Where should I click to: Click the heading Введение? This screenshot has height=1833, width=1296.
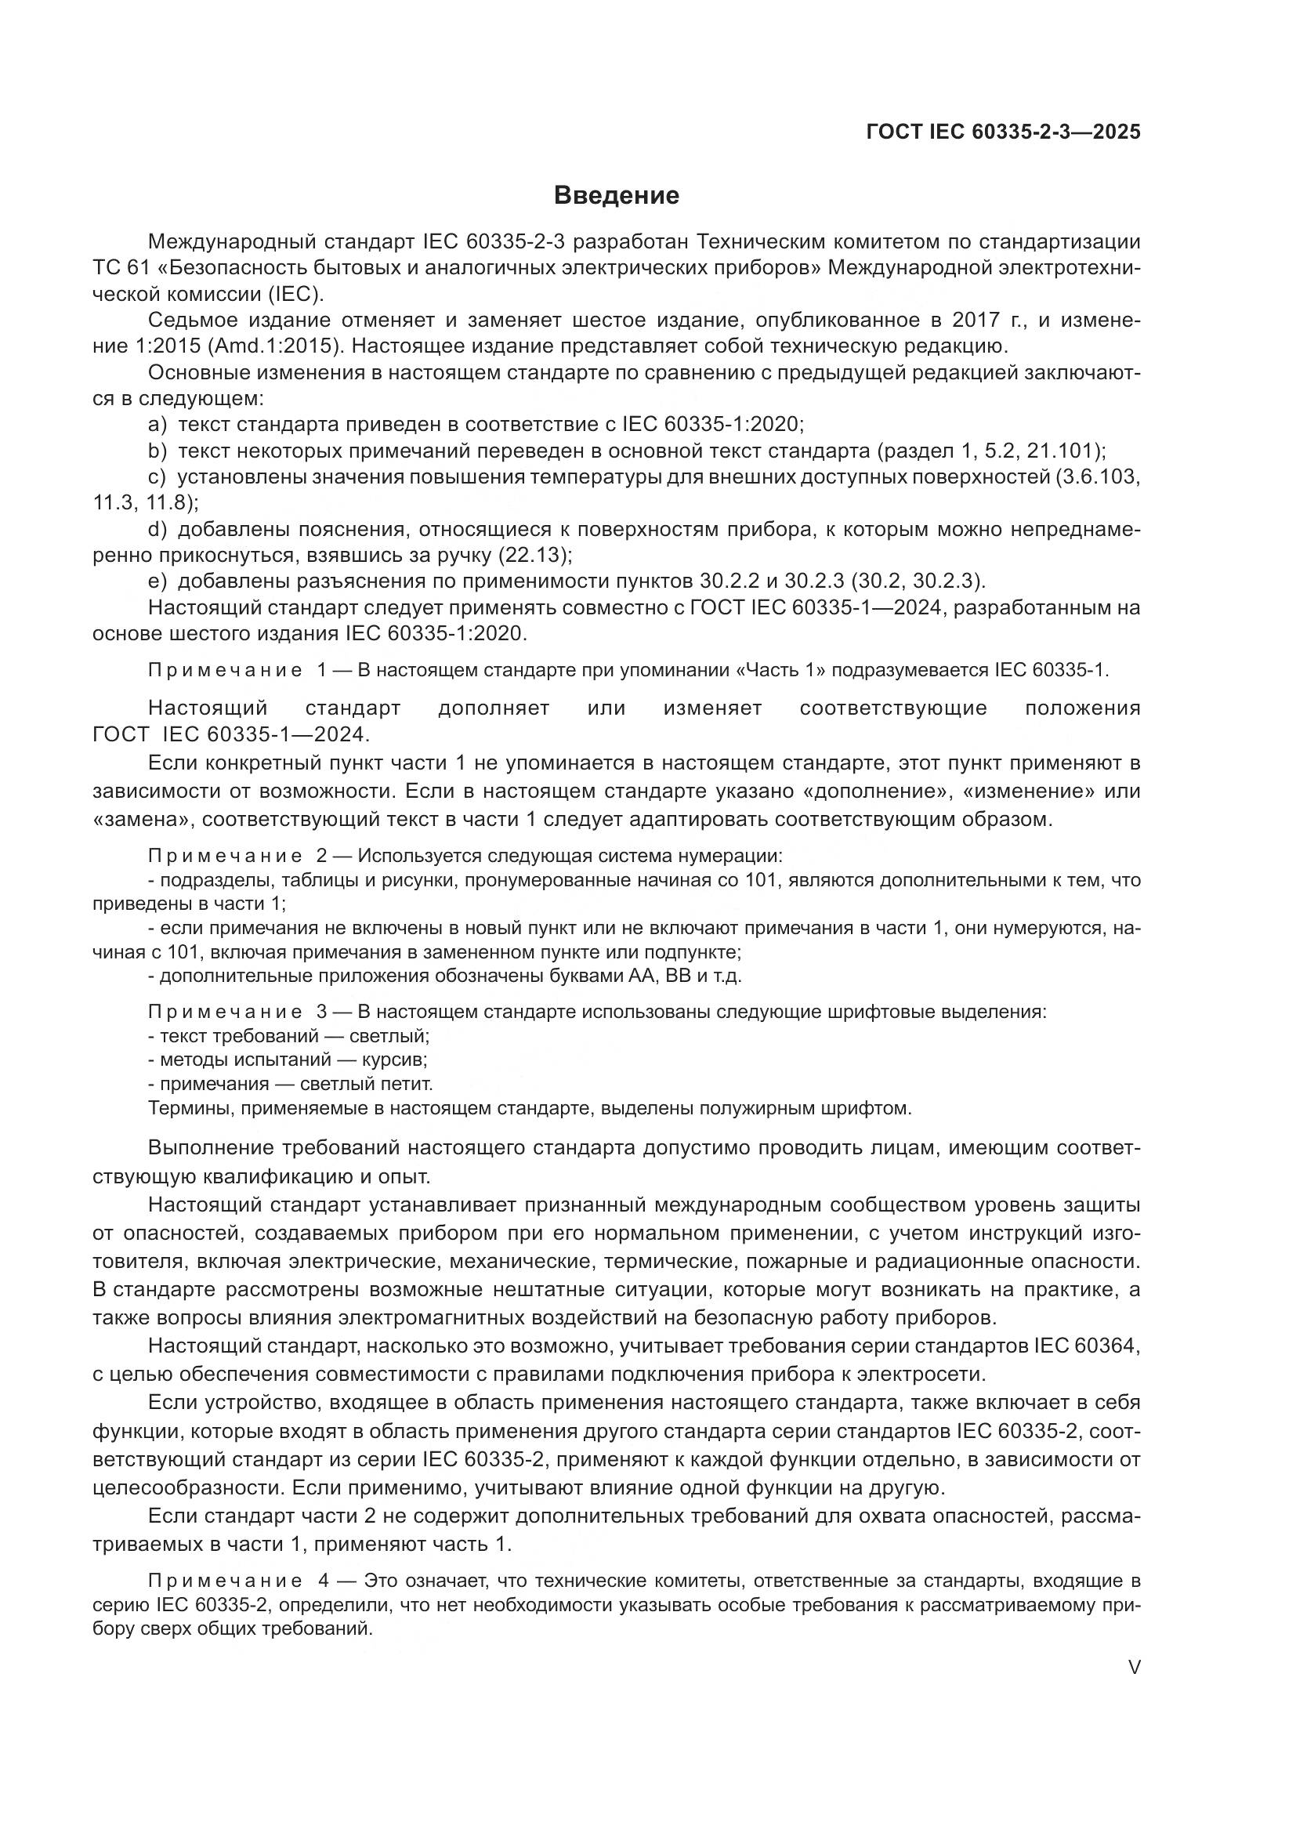point(616,195)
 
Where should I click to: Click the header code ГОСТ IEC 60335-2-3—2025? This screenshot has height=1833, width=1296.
point(1003,132)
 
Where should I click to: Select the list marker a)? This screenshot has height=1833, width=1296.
point(158,424)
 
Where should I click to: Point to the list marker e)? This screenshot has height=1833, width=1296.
point(158,581)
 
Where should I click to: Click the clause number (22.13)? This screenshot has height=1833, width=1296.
point(534,554)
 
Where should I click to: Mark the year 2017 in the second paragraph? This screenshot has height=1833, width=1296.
point(979,321)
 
